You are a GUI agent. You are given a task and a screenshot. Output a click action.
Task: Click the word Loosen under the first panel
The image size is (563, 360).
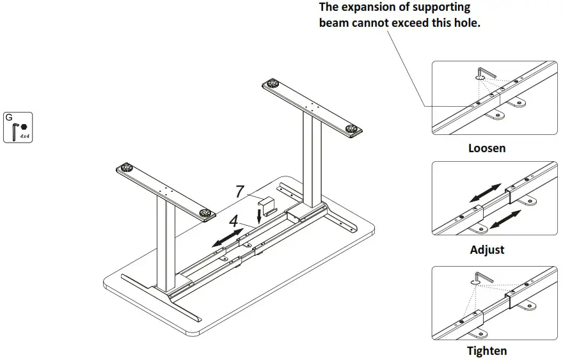pyautogui.click(x=487, y=148)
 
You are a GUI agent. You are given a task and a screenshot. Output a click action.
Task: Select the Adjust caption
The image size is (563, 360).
pyautogui.click(x=487, y=249)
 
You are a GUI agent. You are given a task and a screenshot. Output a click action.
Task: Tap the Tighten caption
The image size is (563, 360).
pyautogui.click(x=487, y=350)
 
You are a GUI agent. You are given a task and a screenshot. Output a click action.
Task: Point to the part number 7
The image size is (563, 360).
pyautogui.click(x=239, y=191)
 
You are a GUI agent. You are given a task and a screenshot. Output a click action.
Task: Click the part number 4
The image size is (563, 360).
pyautogui.click(x=234, y=221)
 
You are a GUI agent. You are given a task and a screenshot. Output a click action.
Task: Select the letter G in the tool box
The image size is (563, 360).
pyautogui.click(x=9, y=117)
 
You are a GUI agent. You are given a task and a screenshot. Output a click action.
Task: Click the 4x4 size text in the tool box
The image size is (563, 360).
pyautogui.click(x=25, y=136)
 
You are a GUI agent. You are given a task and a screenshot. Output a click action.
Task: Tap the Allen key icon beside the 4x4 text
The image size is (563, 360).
pyautogui.click(x=15, y=131)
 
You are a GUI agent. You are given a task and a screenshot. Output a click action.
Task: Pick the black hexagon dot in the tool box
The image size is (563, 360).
pyautogui.click(x=24, y=127)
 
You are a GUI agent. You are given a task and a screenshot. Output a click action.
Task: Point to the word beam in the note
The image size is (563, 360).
pyautogui.click(x=334, y=23)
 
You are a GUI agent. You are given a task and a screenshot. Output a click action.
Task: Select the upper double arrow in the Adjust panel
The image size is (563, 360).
pyautogui.click(x=486, y=192)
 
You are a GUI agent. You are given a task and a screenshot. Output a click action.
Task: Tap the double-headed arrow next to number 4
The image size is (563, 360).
pyautogui.click(x=228, y=237)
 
